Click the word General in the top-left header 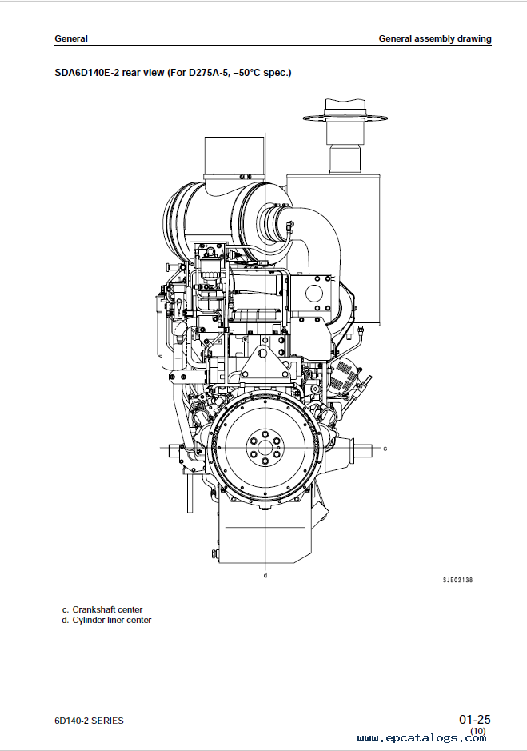[71, 39]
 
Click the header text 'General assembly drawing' [435, 39]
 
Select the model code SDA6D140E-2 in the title [86, 73]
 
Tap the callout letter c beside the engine [385, 449]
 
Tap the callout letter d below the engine [265, 575]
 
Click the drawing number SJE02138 [457, 580]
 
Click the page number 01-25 [475, 719]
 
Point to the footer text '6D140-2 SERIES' [89, 721]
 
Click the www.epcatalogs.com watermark [421, 738]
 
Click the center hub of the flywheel [265, 449]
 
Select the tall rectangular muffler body [333, 249]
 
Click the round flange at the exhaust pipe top [345, 117]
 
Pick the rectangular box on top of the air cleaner [234, 157]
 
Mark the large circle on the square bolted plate [314, 293]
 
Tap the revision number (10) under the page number [478, 731]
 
